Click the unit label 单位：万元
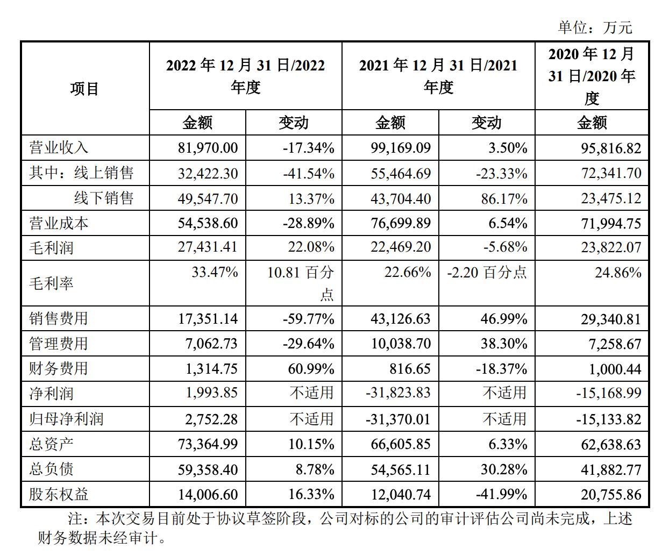coord(595,27)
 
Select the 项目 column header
coord(84,89)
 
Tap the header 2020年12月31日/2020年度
coord(592,76)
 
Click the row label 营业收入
coord(59,148)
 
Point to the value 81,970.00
coord(208,148)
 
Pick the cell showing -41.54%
coord(309,173)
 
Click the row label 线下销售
coord(104,198)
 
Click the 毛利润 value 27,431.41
coord(208,247)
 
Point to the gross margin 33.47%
coord(215,272)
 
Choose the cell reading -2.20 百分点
coord(487,273)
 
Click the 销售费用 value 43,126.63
coord(401,319)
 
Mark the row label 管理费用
coord(59,344)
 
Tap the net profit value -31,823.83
coord(398,393)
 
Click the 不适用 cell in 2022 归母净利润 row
coord(312,419)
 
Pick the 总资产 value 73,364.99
coord(208,444)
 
